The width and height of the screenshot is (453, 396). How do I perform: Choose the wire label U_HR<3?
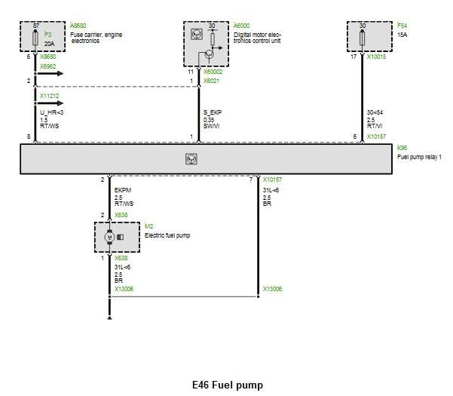52,112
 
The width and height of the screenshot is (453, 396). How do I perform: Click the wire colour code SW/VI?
213,125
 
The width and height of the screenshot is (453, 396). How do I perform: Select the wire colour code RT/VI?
375,125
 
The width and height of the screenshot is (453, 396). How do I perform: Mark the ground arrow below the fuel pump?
110,317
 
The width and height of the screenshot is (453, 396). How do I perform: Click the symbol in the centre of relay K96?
191,159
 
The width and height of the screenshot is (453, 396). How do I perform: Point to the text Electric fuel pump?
167,235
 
